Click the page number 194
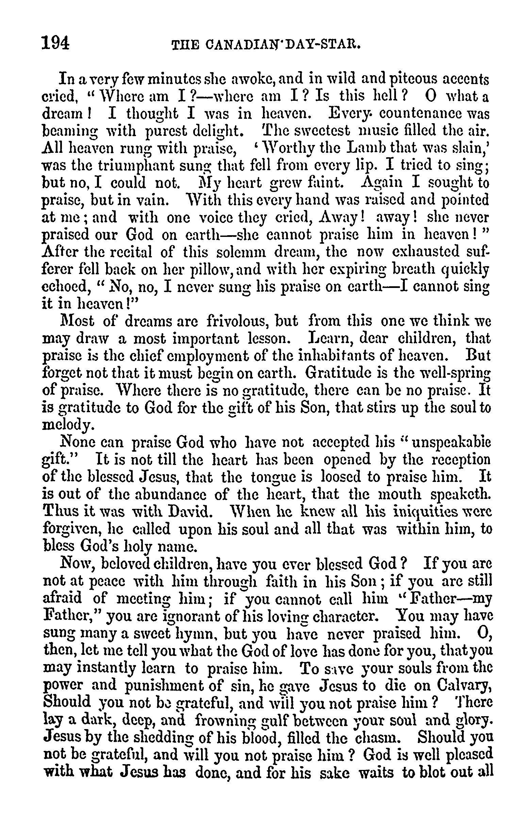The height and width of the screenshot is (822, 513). click(x=55, y=43)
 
